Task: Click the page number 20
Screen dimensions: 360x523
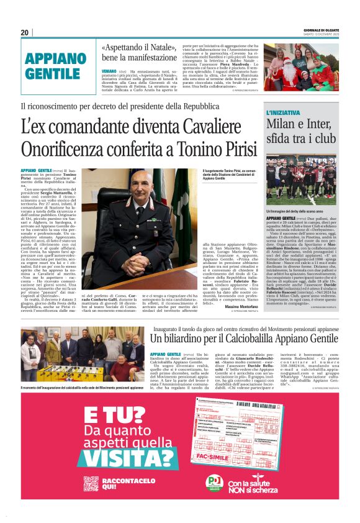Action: (x=24, y=32)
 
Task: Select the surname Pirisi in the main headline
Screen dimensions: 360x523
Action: (x=236, y=149)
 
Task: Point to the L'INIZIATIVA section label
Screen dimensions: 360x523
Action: (x=286, y=112)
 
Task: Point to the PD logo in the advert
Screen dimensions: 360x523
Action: (x=214, y=482)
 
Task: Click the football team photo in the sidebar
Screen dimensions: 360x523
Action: (x=301, y=181)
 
